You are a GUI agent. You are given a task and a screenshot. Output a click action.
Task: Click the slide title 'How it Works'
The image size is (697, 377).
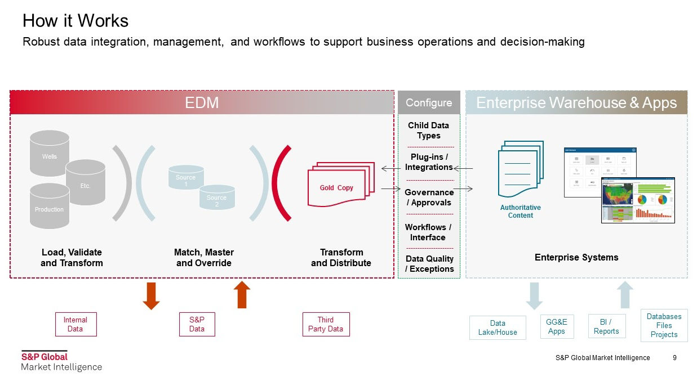(76, 21)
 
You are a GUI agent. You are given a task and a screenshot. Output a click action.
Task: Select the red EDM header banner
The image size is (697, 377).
(202, 102)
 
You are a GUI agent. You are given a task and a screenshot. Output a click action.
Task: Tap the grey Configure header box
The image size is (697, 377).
(429, 102)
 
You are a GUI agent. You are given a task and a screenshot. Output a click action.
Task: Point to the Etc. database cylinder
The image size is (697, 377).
(86, 181)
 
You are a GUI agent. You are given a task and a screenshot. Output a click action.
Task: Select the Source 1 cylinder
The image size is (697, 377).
(185, 178)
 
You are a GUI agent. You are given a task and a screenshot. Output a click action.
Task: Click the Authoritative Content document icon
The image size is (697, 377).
(520, 169)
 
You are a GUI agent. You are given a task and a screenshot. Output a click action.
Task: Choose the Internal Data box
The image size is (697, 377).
(76, 325)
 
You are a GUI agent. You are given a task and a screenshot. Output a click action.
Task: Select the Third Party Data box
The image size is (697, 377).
(326, 325)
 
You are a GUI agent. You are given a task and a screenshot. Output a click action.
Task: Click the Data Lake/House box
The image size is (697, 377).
(498, 328)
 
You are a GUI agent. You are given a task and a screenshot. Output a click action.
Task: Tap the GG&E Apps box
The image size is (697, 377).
(557, 327)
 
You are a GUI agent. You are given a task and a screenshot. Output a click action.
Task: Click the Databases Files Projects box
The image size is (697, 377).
(664, 325)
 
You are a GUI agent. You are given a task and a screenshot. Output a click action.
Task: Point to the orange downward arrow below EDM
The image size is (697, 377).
(151, 295)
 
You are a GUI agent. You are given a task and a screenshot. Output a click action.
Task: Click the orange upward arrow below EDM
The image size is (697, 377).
(242, 294)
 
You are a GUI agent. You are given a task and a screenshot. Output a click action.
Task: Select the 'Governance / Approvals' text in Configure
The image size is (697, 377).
(429, 198)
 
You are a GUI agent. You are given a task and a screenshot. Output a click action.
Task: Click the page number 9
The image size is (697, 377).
(674, 358)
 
